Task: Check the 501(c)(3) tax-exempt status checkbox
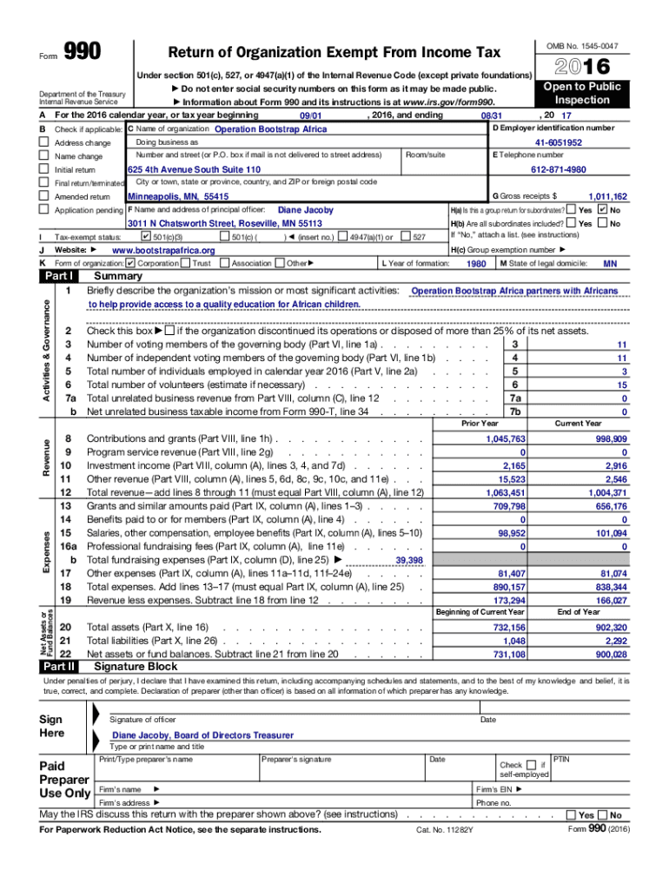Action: [x=146, y=236]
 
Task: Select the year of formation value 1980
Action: [x=476, y=263]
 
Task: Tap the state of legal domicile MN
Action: [x=610, y=263]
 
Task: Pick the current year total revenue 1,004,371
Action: [x=607, y=492]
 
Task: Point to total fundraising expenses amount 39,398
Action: [x=408, y=561]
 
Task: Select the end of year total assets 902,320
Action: [x=607, y=627]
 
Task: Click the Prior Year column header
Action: [x=480, y=424]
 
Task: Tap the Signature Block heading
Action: [x=136, y=667]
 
